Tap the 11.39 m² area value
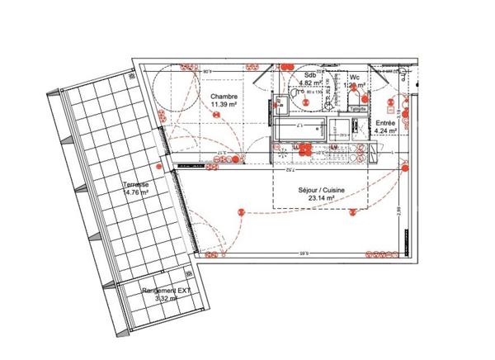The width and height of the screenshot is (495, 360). click(224, 106)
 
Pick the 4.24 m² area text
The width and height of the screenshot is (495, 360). click(386, 130)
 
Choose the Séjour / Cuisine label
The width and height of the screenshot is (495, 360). click(322, 190)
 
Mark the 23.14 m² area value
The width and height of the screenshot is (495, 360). click(322, 199)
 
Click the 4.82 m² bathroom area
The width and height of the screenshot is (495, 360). click(310, 83)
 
